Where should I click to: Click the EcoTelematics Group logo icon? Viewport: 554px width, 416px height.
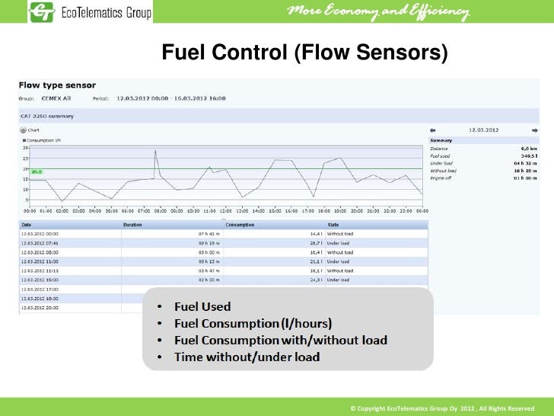click(42, 12)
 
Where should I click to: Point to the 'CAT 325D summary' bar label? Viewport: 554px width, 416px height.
click(47, 117)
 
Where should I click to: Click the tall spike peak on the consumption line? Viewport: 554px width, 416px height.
click(156, 150)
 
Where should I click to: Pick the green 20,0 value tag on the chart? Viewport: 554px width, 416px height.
click(37, 171)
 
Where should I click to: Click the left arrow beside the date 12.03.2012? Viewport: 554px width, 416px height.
click(433, 130)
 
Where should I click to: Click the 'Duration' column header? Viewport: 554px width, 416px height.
click(132, 225)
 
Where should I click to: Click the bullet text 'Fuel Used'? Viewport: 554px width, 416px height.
click(202, 306)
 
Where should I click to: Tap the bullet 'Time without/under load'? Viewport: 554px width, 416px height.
click(247, 357)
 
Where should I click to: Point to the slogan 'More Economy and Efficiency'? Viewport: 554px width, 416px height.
click(377, 11)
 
